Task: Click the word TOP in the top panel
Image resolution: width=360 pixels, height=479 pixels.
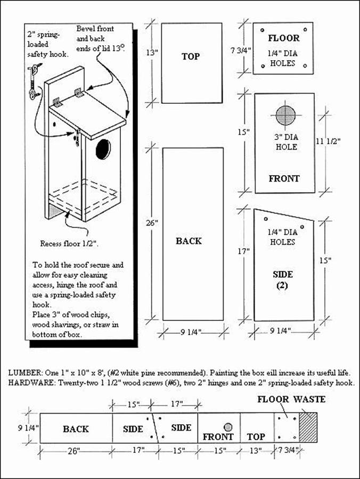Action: click(191, 56)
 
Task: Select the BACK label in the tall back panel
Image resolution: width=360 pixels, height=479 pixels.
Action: click(189, 241)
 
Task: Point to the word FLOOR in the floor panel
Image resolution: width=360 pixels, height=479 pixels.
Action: click(283, 38)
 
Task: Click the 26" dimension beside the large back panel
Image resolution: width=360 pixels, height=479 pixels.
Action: click(152, 223)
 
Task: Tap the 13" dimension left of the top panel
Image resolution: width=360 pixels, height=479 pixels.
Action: click(152, 52)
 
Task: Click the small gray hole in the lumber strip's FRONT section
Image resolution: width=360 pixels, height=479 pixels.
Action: click(228, 427)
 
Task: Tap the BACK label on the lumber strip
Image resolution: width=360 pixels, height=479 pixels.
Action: click(76, 429)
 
